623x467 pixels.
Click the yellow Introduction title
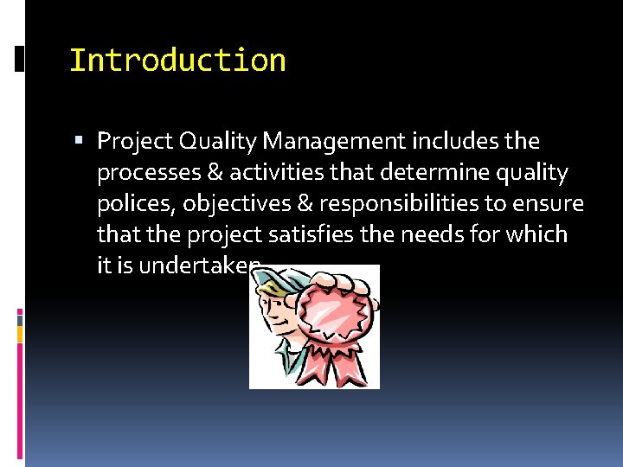click(x=177, y=61)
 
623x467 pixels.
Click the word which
click(x=537, y=234)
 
